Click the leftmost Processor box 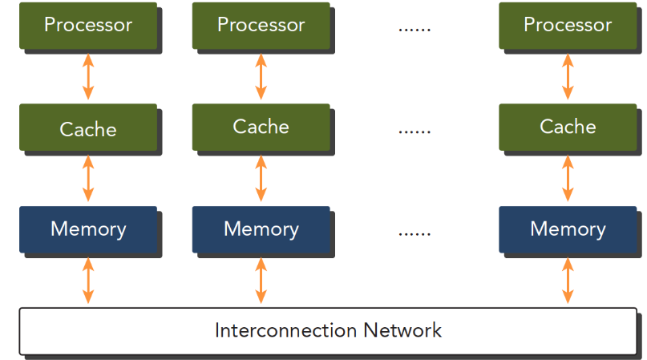[x=88, y=26]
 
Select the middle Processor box [x=261, y=26]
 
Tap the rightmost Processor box [x=568, y=26]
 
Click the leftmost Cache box [x=88, y=127]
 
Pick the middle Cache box [x=261, y=127]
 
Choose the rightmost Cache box [x=568, y=127]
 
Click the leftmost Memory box [x=88, y=229]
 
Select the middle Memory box [x=261, y=229]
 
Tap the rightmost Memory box [x=568, y=229]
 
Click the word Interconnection [x=286, y=330]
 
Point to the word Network [x=402, y=330]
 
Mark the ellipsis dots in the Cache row [x=414, y=132]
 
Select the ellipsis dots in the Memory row [x=414, y=234]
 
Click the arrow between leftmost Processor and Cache [x=88, y=77]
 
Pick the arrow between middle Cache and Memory [x=261, y=178]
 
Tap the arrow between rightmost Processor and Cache [x=568, y=77]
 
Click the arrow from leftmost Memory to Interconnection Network [x=88, y=281]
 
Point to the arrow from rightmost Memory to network [x=568, y=281]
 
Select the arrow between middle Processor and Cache [x=261, y=77]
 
